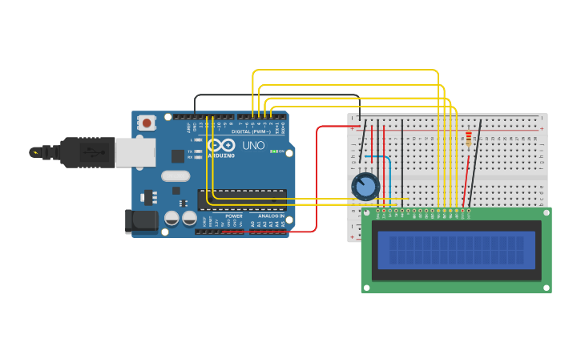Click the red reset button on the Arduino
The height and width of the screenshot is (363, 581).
[147, 123]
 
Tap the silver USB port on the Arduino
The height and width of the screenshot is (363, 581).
[135, 151]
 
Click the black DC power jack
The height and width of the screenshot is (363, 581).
[141, 222]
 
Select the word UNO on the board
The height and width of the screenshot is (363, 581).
[253, 146]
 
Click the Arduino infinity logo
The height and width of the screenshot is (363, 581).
[221, 145]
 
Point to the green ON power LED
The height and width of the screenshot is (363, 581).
[274, 151]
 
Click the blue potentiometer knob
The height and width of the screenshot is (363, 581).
[365, 187]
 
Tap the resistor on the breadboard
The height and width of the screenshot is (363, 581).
[468, 140]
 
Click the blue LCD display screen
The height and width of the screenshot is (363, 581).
[456, 249]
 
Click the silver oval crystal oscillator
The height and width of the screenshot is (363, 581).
[176, 175]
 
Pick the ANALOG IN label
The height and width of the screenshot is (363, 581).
[270, 216]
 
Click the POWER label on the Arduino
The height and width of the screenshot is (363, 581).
[233, 216]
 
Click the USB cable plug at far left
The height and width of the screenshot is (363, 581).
[48, 151]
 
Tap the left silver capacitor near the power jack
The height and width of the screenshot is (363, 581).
[171, 218]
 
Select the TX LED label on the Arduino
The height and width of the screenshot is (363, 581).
[190, 151]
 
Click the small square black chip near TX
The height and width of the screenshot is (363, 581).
[176, 155]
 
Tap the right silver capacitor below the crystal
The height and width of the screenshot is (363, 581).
[189, 218]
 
